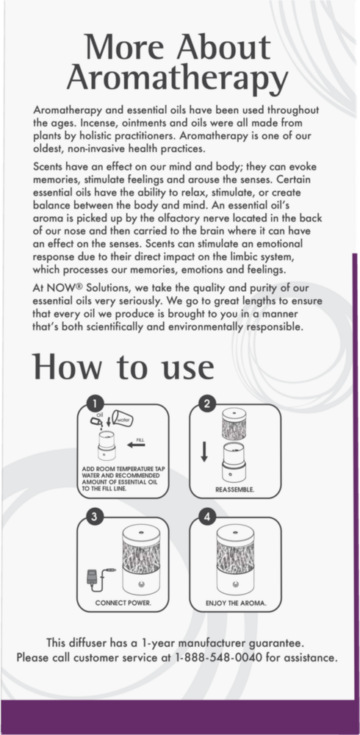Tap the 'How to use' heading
[x=123, y=365]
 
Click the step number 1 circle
[x=93, y=403]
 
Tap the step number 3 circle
[x=93, y=516]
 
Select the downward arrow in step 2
[x=206, y=449]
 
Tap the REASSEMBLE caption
[x=235, y=488]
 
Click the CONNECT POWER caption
[x=123, y=603]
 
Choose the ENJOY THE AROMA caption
[x=237, y=603]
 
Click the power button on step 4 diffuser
[x=237, y=581]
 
